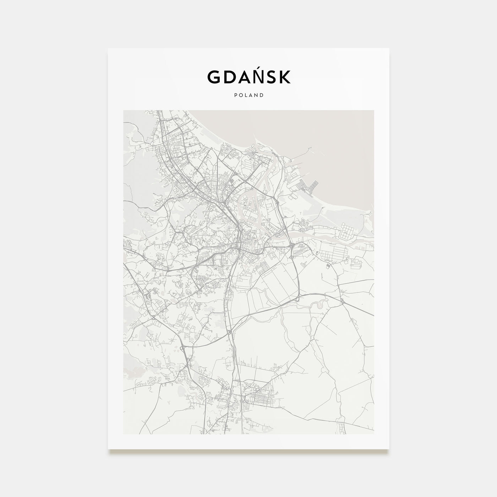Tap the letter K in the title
click(284, 77)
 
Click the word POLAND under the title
click(248, 95)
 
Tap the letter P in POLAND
click(235, 95)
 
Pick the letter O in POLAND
click(240, 95)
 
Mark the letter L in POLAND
click(246, 95)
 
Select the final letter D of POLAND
click(262, 95)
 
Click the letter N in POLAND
click(256, 95)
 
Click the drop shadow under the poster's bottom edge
click(248, 452)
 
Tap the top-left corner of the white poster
click(109, 49)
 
